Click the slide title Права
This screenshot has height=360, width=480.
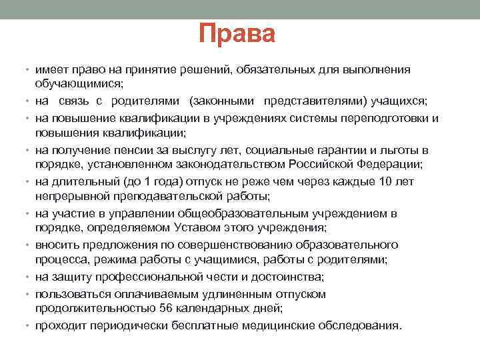coord(237,33)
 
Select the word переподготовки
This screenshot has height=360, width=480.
coord(379,119)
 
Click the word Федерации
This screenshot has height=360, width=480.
coord(397,164)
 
